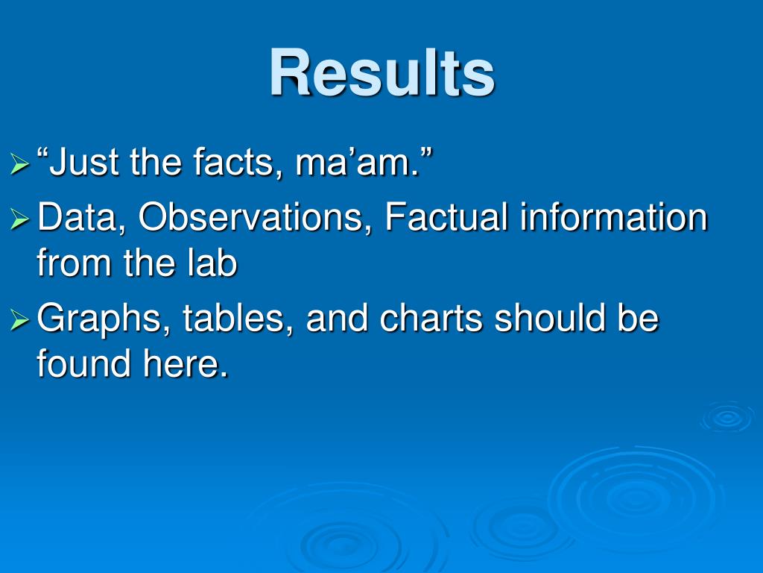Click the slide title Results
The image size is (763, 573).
pyautogui.click(x=382, y=72)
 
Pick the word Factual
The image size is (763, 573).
pyautogui.click(x=446, y=216)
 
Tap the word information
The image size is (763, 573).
pyautogui.click(x=613, y=216)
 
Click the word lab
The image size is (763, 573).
pyautogui.click(x=212, y=262)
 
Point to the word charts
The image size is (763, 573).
pyautogui.click(x=431, y=318)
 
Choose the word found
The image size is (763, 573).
pyautogui.click(x=83, y=363)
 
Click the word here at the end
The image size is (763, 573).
pyautogui.click(x=186, y=363)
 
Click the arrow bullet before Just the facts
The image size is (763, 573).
pyautogui.click(x=19, y=163)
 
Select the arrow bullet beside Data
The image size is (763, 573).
pyautogui.click(x=19, y=219)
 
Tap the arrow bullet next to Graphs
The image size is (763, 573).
pyautogui.click(x=19, y=321)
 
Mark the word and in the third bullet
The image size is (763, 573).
pyautogui.click(x=337, y=318)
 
